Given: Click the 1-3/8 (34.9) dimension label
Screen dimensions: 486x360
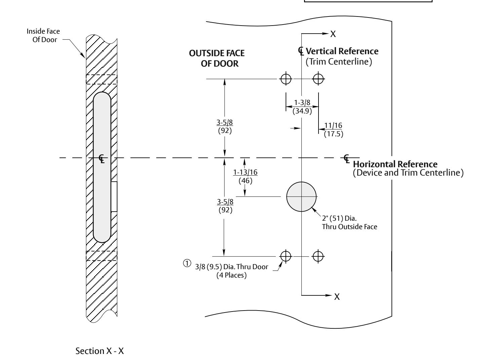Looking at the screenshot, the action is (x=302, y=107).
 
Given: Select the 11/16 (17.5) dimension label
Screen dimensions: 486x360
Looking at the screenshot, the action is (x=333, y=130).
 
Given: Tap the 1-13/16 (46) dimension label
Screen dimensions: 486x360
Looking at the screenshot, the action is (x=245, y=176).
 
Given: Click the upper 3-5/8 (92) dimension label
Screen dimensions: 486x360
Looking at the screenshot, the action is (x=225, y=126).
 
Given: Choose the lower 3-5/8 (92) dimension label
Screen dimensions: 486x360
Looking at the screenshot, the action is (x=225, y=206).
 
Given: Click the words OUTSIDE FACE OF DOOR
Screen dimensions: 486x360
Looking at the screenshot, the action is (x=217, y=58).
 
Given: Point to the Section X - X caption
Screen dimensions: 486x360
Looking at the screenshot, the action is (x=100, y=351).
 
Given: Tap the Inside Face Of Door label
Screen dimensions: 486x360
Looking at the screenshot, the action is (x=43, y=35).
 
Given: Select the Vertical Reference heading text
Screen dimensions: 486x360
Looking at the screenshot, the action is (x=342, y=51).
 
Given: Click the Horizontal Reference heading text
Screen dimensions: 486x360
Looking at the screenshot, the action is (x=395, y=164).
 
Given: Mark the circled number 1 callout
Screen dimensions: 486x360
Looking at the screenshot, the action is (x=187, y=263).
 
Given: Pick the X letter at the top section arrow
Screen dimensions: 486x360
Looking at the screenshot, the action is (x=333, y=34).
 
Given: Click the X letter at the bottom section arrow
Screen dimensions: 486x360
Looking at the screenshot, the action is (x=337, y=297).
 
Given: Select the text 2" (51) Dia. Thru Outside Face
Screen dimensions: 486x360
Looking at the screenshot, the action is (x=349, y=222).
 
